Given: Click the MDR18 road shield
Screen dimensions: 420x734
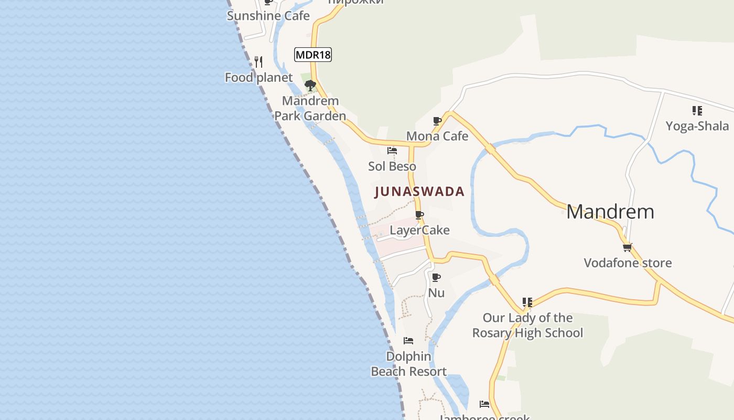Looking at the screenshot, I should [313, 55].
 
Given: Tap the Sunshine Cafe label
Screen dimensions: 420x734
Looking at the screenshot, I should [268, 16].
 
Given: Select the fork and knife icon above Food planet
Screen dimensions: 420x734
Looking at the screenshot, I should [258, 62].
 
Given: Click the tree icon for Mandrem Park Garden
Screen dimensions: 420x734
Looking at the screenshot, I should [310, 85].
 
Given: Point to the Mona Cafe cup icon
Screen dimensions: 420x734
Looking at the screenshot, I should [437, 121].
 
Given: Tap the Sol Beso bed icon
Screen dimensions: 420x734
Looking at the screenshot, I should [392, 151].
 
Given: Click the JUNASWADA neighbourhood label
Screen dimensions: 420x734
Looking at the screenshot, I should [419, 192].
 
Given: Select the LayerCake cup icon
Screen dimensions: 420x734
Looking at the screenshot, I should [419, 215].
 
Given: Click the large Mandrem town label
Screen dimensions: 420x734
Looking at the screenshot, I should [610, 212].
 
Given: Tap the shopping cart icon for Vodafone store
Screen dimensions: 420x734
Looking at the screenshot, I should [627, 247].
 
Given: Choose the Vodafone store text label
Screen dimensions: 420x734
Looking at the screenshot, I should [628, 262].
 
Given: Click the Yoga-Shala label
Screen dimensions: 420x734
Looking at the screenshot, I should [697, 126].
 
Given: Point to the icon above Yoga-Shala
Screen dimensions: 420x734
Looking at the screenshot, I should [697, 111].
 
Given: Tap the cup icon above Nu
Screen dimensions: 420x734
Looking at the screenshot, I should [436, 277].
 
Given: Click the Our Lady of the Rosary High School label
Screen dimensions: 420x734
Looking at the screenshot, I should [527, 325].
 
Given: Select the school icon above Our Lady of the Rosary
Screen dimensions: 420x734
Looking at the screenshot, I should [527, 302].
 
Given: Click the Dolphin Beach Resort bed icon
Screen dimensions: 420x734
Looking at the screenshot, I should [408, 341].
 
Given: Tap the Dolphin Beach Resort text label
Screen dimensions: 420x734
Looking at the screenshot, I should [408, 364].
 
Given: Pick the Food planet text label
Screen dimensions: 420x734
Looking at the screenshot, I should [258, 78].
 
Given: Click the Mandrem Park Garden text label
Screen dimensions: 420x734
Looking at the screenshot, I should [310, 108].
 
